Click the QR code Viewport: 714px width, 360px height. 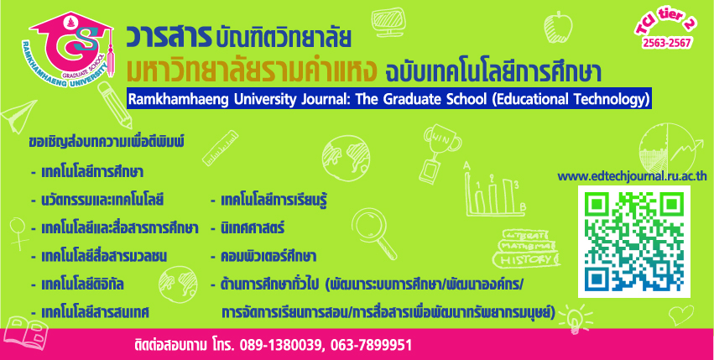[x=633, y=242]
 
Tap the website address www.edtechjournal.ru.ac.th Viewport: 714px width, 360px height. [x=632, y=176]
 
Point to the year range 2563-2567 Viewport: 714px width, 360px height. [x=667, y=44]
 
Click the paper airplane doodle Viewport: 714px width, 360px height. [x=18, y=116]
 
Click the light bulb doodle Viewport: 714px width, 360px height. [x=576, y=317]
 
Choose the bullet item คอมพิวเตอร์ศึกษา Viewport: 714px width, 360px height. [x=263, y=257]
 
